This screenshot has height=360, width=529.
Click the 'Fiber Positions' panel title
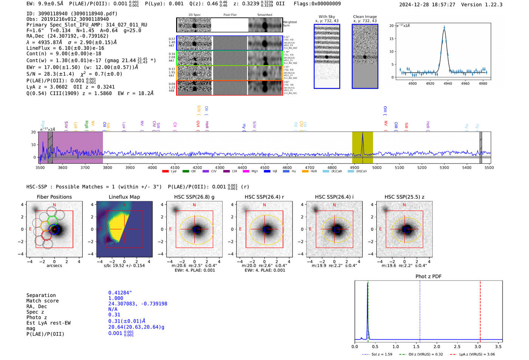[x=54, y=197]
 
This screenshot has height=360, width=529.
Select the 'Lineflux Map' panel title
[x=124, y=197]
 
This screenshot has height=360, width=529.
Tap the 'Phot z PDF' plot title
[x=428, y=276]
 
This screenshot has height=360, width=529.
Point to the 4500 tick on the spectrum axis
[x=264, y=167]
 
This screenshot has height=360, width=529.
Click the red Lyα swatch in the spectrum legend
[x=165, y=172]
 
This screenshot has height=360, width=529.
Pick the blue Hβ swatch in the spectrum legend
[x=267, y=172]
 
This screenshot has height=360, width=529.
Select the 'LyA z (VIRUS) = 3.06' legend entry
[x=477, y=354]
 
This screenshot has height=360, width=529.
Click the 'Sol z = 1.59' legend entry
[x=382, y=354]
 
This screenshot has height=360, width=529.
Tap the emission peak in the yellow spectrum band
[x=362, y=134]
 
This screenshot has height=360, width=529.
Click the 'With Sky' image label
[x=327, y=17]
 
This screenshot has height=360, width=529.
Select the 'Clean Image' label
[x=365, y=17]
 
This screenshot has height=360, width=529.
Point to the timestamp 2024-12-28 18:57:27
[x=427, y=5]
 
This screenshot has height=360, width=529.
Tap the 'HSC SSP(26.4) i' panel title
[x=334, y=197]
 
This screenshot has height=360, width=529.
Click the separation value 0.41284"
[x=120, y=293]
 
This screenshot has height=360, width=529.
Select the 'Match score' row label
[x=42, y=301]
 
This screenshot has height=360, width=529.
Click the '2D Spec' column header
[x=195, y=15]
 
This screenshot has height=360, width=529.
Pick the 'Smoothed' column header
[x=264, y=15]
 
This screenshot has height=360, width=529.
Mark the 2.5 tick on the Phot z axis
[x=457, y=346]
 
